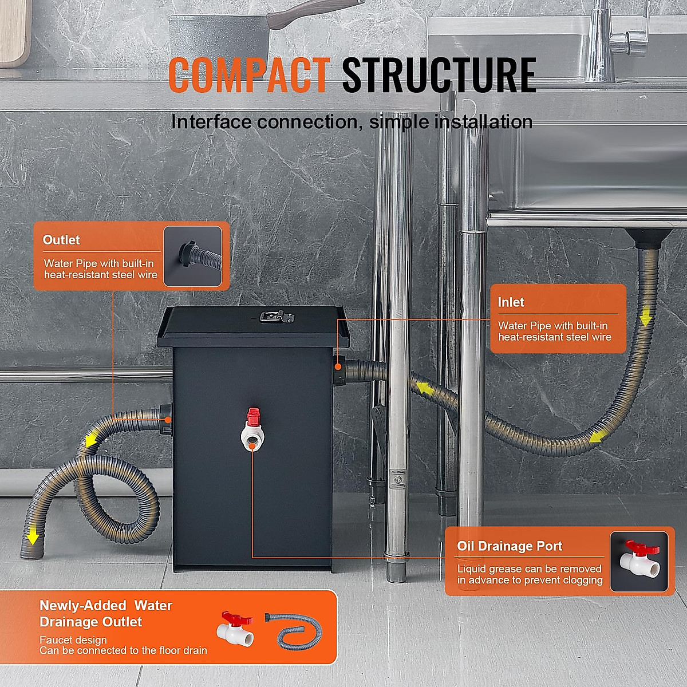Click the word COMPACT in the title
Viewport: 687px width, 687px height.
pyautogui.click(x=249, y=75)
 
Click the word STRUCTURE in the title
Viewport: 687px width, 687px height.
pyautogui.click(x=439, y=75)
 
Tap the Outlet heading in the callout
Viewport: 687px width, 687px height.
pyautogui.click(x=61, y=240)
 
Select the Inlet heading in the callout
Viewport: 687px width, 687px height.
pyautogui.click(x=511, y=302)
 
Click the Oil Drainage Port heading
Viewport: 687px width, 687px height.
pyautogui.click(x=510, y=546)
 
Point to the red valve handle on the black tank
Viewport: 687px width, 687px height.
pyautogui.click(x=253, y=415)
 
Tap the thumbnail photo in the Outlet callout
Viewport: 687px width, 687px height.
pyautogui.click(x=192, y=256)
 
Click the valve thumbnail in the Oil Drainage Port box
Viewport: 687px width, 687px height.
pyautogui.click(x=639, y=561)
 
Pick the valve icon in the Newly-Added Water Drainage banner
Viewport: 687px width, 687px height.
pyautogui.click(x=235, y=628)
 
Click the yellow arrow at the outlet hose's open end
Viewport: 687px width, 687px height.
pyautogui.click(x=33, y=536)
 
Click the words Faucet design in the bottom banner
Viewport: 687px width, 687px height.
pyautogui.click(x=73, y=639)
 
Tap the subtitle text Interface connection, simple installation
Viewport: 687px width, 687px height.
pyautogui.click(x=352, y=122)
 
